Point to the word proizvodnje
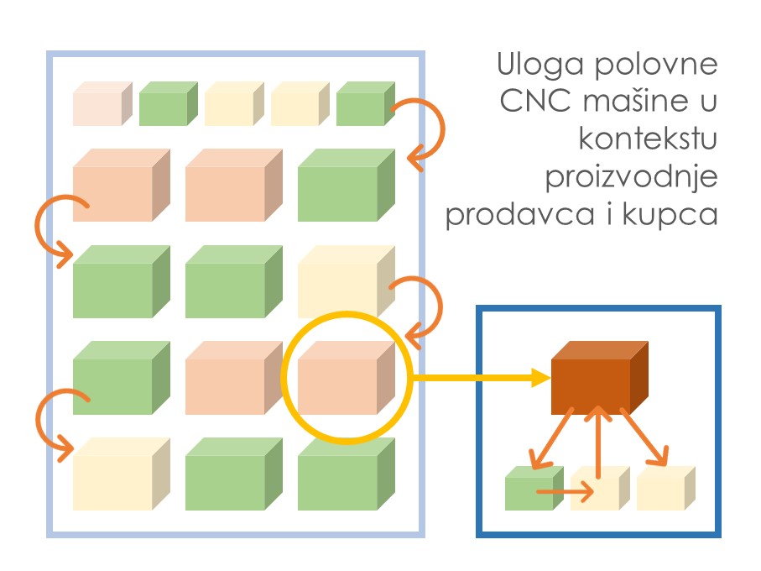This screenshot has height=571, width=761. [632, 178]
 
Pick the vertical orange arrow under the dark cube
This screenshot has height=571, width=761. [597, 445]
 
